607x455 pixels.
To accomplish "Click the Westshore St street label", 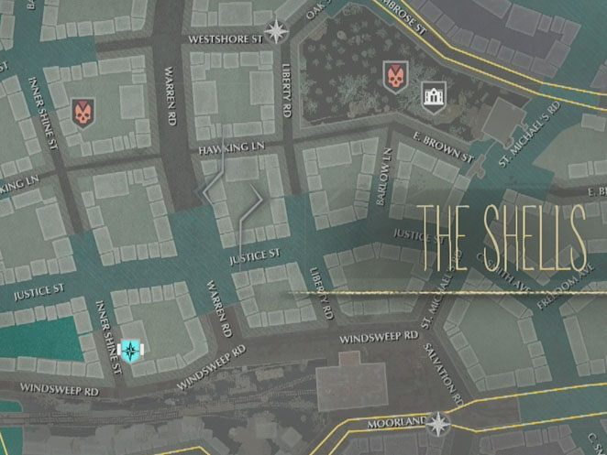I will coord(224,39).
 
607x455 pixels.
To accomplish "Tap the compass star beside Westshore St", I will coord(276,33).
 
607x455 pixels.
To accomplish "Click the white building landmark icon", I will coord(433,93).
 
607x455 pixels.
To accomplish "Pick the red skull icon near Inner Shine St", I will coord(83,113).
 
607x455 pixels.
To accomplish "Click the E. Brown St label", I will coord(443,149).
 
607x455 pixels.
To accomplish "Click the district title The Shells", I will coord(502,238).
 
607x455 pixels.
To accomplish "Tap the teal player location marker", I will coord(132,351).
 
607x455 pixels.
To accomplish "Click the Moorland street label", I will coord(396,423).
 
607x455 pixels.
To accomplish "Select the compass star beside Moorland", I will coord(438,423).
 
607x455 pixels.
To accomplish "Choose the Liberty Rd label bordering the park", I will coord(286,89).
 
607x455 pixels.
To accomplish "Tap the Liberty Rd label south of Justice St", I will coord(320,294).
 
